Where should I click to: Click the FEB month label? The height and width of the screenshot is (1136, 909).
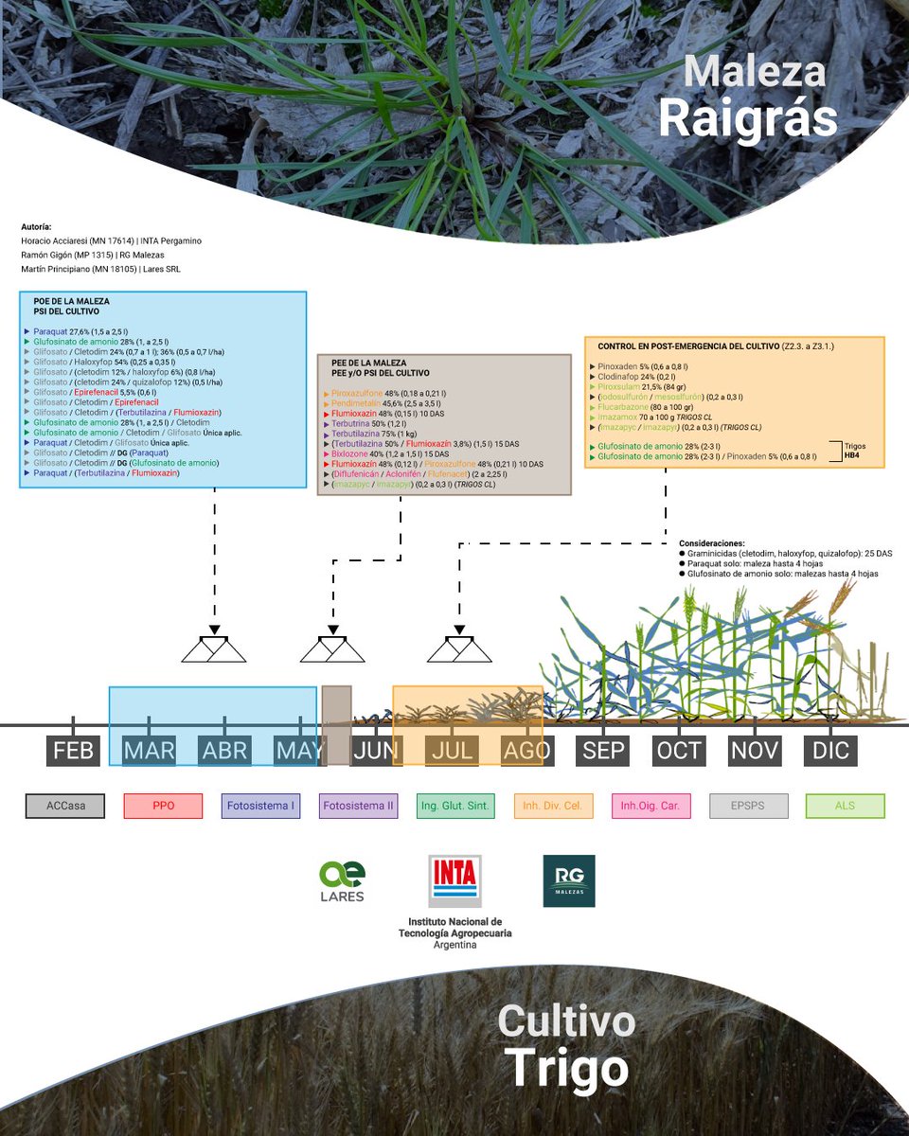point(74,752)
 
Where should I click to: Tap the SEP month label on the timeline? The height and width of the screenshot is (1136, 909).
point(604,752)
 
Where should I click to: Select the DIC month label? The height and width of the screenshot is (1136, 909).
point(830,752)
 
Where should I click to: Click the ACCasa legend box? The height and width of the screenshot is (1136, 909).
point(64,807)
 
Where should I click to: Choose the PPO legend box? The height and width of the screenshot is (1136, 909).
point(163,807)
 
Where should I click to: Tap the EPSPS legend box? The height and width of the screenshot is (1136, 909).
point(747,807)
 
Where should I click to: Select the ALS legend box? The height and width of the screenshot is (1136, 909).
point(845,807)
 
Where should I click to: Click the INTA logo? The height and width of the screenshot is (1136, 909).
point(454,881)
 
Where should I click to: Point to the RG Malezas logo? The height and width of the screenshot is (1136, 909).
point(569,881)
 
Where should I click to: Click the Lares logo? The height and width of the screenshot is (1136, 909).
point(341,881)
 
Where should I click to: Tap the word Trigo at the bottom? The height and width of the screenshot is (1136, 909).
point(566,1069)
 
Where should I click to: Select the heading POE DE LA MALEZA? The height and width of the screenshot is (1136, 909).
point(72,301)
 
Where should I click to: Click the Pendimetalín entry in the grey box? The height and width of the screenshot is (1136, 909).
point(356,403)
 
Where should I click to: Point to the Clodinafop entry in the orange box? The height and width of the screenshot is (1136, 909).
point(619,376)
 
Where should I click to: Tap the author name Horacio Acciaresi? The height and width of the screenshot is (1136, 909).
point(61,241)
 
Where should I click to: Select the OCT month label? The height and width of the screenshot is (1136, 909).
point(679,752)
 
